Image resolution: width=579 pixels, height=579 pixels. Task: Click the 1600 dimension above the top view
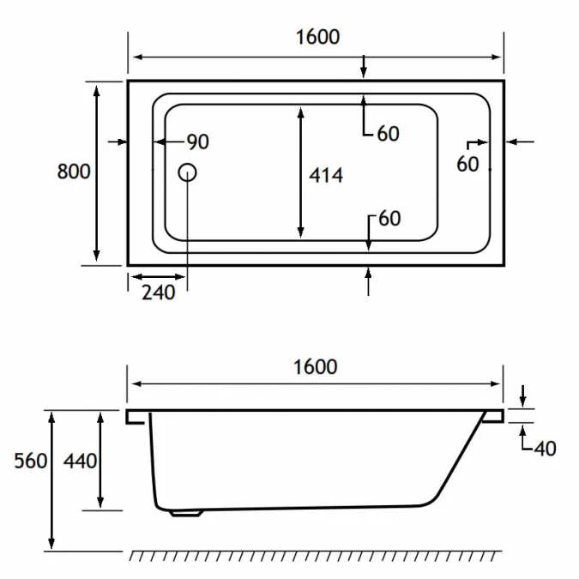pyautogui.click(x=318, y=37)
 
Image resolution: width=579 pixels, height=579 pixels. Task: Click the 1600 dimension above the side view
pyautogui.click(x=316, y=367)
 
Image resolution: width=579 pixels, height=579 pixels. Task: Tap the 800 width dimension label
pyautogui.click(x=74, y=172)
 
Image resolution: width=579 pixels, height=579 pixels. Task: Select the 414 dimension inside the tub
pyautogui.click(x=326, y=175)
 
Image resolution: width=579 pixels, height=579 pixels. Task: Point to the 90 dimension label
pyautogui.click(x=198, y=142)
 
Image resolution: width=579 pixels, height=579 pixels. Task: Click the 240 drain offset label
pyautogui.click(x=159, y=293)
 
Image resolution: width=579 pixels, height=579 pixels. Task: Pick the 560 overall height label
pyautogui.click(x=31, y=461)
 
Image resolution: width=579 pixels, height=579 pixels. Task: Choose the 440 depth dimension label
pyautogui.click(x=80, y=461)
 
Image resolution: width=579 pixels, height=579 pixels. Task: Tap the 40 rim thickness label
pyautogui.click(x=545, y=449)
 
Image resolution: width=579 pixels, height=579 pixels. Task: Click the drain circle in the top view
pyautogui.click(x=187, y=172)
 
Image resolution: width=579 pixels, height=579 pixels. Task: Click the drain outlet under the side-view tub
pyautogui.click(x=186, y=513)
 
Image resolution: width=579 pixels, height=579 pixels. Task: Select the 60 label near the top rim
pyautogui.click(x=388, y=134)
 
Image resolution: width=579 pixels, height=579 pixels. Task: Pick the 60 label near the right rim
pyautogui.click(x=467, y=164)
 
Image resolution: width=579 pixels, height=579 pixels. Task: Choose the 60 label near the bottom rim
pyautogui.click(x=389, y=219)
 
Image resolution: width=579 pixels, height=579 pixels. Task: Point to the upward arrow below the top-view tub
pyautogui.click(x=368, y=281)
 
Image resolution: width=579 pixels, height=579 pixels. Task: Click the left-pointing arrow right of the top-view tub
pyautogui.click(x=521, y=142)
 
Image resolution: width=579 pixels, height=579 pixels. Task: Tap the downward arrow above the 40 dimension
pyautogui.click(x=522, y=395)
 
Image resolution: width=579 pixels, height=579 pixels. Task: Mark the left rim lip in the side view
pyautogui.click(x=136, y=417)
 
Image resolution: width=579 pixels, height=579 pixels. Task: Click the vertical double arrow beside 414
pyautogui.click(x=300, y=172)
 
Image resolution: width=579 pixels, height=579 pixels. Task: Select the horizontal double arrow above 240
pyautogui.click(x=158, y=276)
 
